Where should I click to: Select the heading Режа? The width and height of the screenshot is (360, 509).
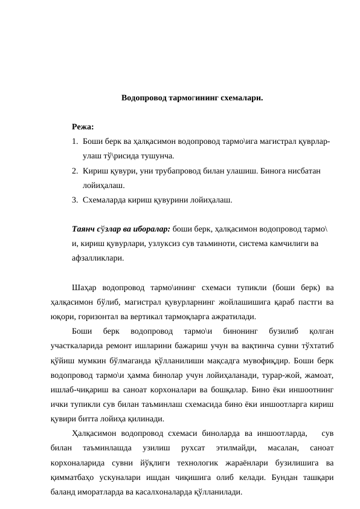83,127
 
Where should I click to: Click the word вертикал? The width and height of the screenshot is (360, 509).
155,316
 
